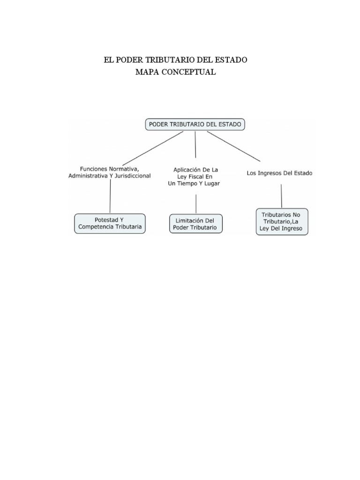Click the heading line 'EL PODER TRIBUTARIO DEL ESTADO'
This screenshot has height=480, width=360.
(x=176, y=60)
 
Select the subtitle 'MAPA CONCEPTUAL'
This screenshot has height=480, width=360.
(x=175, y=72)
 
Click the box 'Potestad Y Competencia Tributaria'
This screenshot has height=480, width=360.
(x=110, y=224)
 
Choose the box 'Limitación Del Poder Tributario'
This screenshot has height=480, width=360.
(x=195, y=224)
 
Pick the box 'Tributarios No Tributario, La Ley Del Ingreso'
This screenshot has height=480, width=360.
(x=282, y=222)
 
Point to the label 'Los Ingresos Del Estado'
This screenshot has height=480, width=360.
(x=279, y=173)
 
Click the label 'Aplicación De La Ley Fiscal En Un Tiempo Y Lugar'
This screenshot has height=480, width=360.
(x=195, y=176)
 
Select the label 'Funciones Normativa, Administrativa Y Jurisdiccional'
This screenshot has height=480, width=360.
(x=110, y=172)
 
